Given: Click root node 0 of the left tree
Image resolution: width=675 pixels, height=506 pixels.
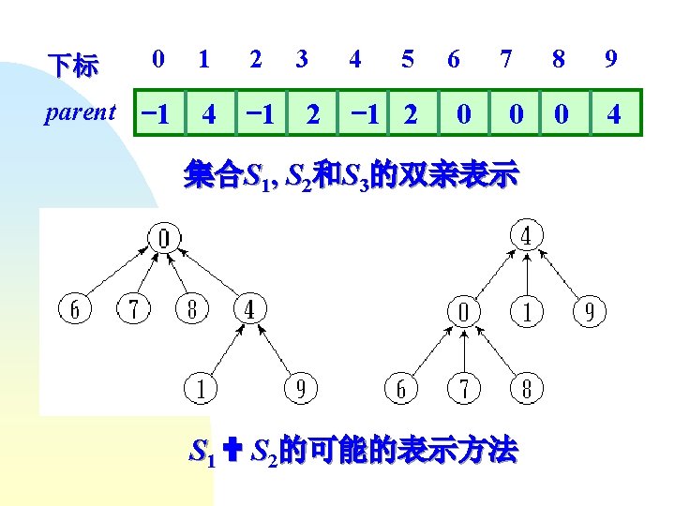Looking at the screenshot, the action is tap(164, 240).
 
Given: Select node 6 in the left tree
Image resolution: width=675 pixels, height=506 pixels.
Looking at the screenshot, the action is tap(76, 308).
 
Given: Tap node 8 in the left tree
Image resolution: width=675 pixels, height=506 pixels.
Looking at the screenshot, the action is tap(190, 308).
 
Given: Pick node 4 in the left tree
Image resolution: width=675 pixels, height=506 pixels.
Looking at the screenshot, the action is tap(248, 308).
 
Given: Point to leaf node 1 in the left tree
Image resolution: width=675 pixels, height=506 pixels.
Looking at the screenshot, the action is tap(200, 388).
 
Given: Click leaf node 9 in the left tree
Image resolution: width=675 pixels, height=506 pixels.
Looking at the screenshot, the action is tap(300, 388).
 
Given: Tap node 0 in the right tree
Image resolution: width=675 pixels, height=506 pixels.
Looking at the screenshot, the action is tap(463, 311).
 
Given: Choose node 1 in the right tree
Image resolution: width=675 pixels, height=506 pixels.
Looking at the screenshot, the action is tap(526, 311).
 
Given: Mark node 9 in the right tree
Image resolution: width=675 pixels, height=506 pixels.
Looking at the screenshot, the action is tap(589, 311).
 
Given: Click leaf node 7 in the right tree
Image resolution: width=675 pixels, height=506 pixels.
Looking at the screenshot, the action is tap(463, 388).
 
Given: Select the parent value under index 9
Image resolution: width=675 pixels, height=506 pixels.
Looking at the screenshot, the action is tap(613, 114).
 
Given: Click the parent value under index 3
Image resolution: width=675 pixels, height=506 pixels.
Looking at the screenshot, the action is tap(313, 114).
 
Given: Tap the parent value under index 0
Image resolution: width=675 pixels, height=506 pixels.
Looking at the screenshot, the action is tap(155, 114).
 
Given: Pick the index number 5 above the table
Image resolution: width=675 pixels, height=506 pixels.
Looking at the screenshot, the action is tap(407, 59).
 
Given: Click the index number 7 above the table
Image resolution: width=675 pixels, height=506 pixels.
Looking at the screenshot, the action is tap(506, 59).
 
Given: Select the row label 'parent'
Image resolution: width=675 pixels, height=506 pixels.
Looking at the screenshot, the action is tap(81, 113).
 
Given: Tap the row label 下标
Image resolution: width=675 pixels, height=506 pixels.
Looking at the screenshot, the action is tap(72, 66).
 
